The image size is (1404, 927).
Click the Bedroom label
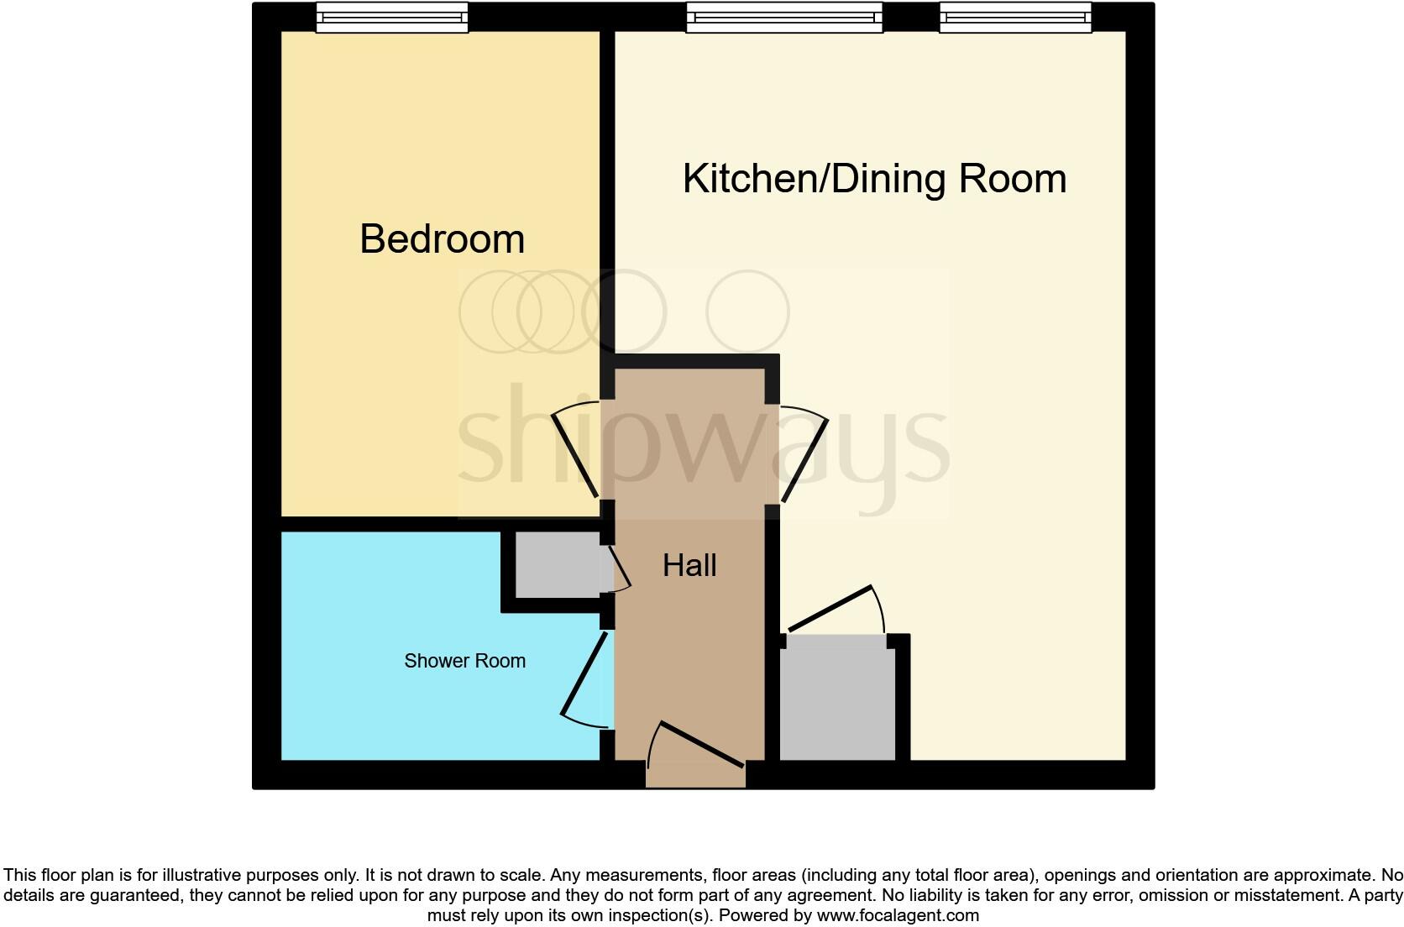click(x=443, y=239)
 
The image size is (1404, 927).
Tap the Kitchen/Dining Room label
click(x=874, y=179)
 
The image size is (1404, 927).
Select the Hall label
click(x=689, y=566)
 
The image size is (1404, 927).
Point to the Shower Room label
click(x=464, y=661)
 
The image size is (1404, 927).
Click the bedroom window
click(x=391, y=17)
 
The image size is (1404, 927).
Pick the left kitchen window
click(x=784, y=17)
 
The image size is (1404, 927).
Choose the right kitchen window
click(x=1015, y=17)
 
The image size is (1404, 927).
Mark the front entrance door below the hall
click(x=701, y=744)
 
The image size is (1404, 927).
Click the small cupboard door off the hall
click(x=620, y=564)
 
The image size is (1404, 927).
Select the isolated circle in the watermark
click(x=747, y=312)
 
